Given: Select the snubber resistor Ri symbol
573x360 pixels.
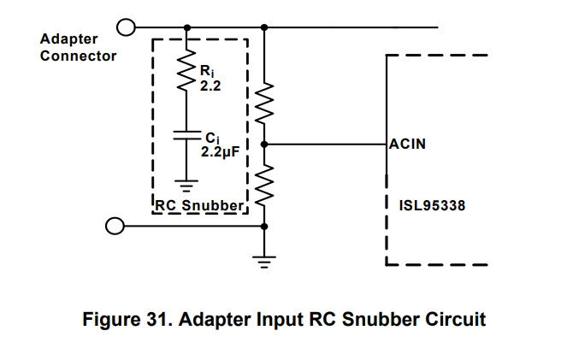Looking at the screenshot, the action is (x=186, y=70).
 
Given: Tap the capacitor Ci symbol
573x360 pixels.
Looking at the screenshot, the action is (x=186, y=135).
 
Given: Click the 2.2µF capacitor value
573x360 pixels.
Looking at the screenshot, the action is (x=220, y=151).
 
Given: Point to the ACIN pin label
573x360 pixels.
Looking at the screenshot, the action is (x=407, y=144).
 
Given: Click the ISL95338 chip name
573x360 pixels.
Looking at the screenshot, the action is (x=432, y=205).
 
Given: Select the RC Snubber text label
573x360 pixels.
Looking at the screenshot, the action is (x=199, y=205).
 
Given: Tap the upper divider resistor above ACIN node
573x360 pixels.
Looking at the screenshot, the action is (x=264, y=103).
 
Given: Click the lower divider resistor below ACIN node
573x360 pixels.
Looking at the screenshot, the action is (x=264, y=186).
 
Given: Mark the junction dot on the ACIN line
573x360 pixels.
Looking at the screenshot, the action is (x=264, y=145).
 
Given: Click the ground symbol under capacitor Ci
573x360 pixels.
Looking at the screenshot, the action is (x=186, y=186).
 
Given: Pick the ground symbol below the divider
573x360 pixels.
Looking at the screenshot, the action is (x=264, y=262).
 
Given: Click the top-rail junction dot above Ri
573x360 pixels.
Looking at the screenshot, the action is (x=187, y=27).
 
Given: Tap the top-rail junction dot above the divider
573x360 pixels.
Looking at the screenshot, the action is (x=264, y=27).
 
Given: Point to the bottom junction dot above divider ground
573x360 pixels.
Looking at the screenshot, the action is (x=264, y=227).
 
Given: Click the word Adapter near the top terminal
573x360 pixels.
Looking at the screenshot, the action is (x=69, y=39).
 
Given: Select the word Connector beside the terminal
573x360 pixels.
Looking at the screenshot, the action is (x=78, y=56).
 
